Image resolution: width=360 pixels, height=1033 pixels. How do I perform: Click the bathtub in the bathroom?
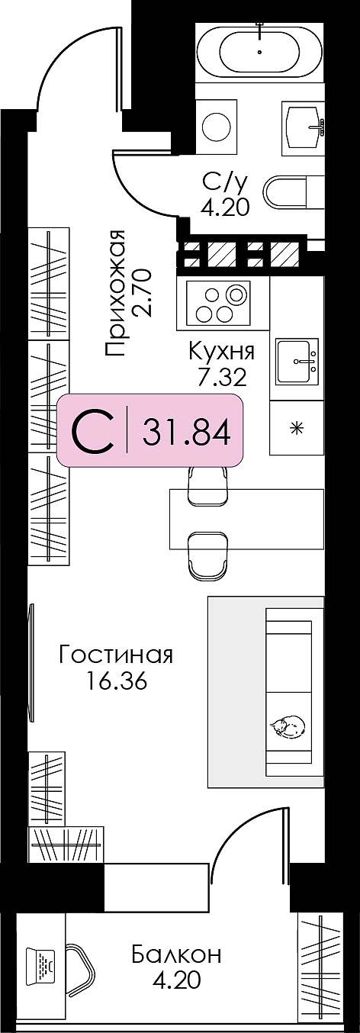[260, 53]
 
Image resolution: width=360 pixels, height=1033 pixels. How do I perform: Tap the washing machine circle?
[217, 123]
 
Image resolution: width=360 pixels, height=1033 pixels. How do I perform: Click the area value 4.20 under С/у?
[225, 208]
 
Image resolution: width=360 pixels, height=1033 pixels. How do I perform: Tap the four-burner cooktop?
[218, 303]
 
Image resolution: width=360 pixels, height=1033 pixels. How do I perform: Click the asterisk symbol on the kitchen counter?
[296, 429]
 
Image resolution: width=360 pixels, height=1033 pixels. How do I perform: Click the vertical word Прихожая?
[115, 293]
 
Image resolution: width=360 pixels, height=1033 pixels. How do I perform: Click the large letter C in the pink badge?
[92, 432]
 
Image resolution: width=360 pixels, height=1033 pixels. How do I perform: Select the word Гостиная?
[116, 655]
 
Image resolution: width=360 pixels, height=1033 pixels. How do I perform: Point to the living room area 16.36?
[116, 681]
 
